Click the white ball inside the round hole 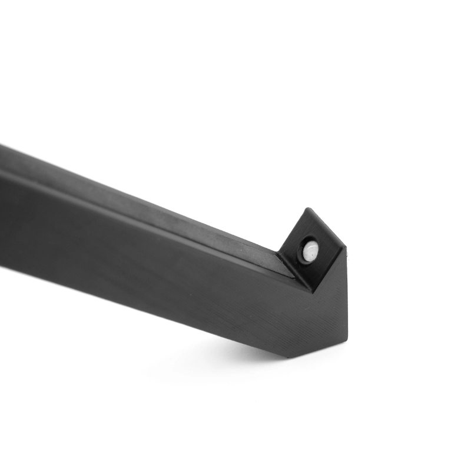pyautogui.click(x=310, y=251)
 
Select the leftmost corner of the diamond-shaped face pyautogui.click(x=278, y=253)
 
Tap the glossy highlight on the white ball pyautogui.click(x=312, y=247)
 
